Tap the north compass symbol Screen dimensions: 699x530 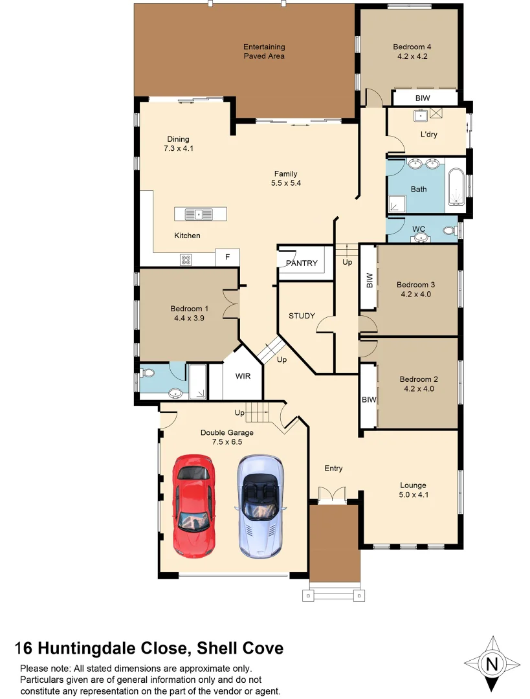tap(492, 663)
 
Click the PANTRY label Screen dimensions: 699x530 tap(302, 263)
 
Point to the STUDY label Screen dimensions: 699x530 tap(302, 316)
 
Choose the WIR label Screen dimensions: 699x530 tap(243, 376)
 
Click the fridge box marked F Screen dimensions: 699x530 tap(227, 257)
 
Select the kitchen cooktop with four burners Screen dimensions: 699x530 tap(186, 260)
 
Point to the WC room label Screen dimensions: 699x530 tap(419, 228)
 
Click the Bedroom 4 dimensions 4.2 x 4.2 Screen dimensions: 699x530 tap(412, 56)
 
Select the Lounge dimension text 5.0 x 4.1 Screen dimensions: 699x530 tap(414, 494)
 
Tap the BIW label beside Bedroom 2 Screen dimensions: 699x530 tap(369, 400)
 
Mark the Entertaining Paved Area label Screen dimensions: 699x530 tap(264, 51)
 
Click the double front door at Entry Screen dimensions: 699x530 tap(333, 495)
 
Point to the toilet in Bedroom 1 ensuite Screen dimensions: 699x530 tap(148, 373)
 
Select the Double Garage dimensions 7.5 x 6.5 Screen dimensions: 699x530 tap(226, 442)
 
